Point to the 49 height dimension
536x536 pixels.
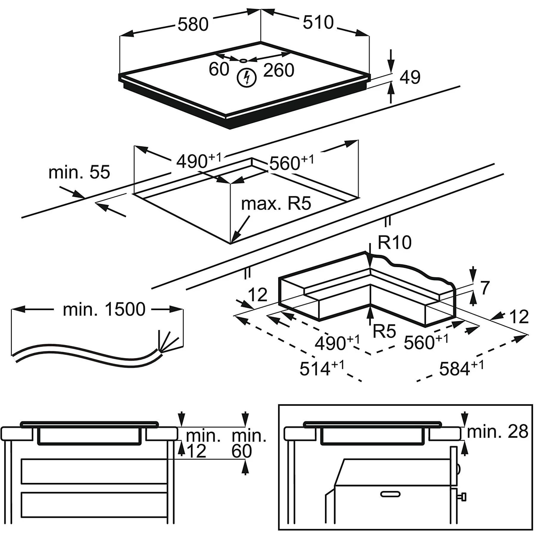pyautogui.click(x=410, y=77)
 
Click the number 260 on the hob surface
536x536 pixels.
pyautogui.click(x=279, y=70)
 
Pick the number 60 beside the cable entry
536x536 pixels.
pyautogui.click(x=219, y=69)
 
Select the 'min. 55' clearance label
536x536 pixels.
pyautogui.click(x=79, y=172)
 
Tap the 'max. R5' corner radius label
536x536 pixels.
pyautogui.click(x=276, y=204)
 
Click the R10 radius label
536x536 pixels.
pyautogui.click(x=395, y=242)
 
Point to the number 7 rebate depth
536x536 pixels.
pyautogui.click(x=485, y=288)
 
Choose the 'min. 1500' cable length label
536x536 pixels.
pyautogui.click(x=104, y=309)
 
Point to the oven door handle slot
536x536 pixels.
pyautogui.click(x=390, y=494)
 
